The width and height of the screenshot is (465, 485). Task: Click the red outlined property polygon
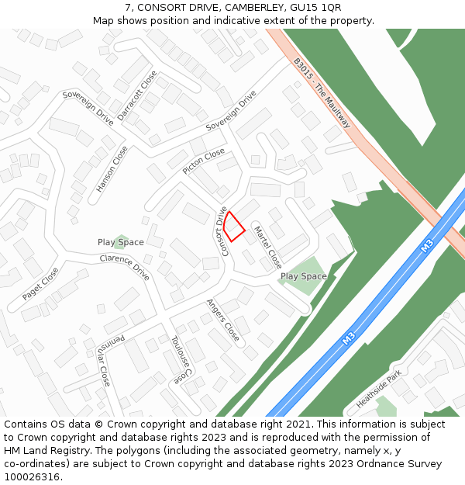236,226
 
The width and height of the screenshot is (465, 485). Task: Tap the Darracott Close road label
137,95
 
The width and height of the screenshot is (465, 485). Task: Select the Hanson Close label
112,169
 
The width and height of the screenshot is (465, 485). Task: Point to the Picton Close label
204,161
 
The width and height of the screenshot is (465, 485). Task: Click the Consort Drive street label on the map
224,231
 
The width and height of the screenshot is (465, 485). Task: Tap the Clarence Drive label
124,267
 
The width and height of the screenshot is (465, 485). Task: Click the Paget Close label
40,284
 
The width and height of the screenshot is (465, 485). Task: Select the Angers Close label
222,319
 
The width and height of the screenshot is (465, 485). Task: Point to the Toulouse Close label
181,359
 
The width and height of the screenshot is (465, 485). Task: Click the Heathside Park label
379,390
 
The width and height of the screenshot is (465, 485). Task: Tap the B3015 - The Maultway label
322,92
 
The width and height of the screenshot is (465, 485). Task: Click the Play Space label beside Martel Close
303,276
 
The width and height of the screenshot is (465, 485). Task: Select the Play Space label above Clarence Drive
120,242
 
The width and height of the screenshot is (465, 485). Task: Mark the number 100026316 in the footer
33,477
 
